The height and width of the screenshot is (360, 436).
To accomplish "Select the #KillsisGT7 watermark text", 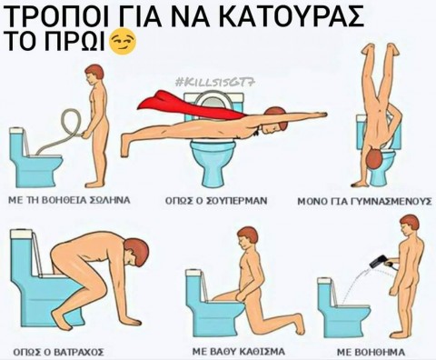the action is pyautogui.click(x=215, y=82).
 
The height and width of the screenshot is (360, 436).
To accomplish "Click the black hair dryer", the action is pyautogui.click(x=378, y=262).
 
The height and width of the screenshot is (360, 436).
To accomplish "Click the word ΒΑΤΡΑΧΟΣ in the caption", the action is pyautogui.click(x=79, y=352).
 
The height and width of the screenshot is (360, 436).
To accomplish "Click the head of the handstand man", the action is pyautogui.click(x=375, y=160).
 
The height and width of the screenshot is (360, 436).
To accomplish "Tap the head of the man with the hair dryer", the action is pyautogui.click(x=410, y=225).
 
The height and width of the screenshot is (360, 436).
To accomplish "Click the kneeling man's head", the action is pyautogui.click(x=247, y=236).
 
